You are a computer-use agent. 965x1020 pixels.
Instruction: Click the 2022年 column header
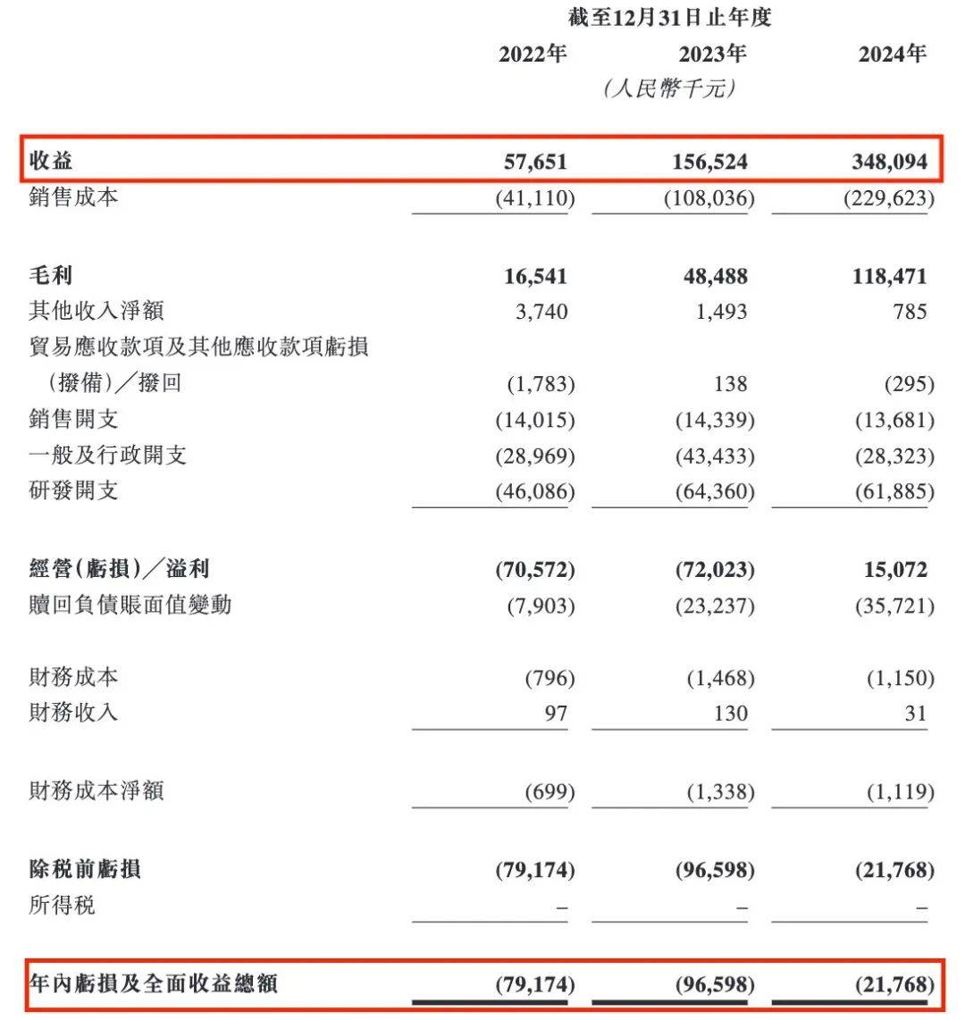[533, 54]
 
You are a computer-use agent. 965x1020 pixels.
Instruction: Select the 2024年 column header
[892, 54]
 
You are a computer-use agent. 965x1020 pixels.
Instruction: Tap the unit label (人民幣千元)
[669, 89]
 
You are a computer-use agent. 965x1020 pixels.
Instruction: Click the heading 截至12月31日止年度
[669, 18]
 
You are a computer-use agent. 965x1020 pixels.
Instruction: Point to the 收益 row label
[52, 162]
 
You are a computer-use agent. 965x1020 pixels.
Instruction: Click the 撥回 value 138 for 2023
[730, 384]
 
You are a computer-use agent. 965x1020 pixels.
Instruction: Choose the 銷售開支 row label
[73, 419]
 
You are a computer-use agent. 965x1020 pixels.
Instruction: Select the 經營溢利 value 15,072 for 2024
[895, 570]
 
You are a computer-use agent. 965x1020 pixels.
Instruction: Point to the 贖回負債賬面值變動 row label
[130, 605]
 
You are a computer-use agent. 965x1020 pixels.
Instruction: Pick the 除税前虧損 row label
[85, 869]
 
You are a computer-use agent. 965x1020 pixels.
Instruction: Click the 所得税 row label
[62, 906]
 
